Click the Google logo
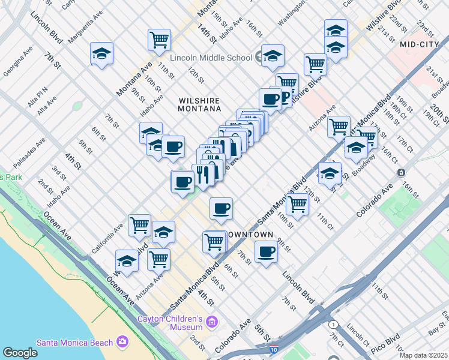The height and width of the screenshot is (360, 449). coord(20,353)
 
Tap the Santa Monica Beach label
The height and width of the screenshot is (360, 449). coord(74,343)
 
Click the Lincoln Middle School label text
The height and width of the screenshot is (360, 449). coord(211,58)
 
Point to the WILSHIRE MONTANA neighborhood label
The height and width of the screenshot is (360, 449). coord(199,104)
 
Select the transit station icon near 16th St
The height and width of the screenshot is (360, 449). coord(400,172)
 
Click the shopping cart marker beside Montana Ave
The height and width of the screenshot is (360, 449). coord(159,40)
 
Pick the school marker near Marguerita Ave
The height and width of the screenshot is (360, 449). coord(102,53)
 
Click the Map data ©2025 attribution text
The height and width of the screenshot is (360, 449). coord(423,355)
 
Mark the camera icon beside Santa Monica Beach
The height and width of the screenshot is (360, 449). coord(123,342)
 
